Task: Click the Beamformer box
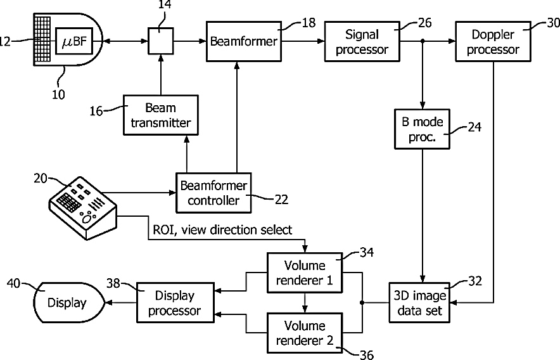(x=243, y=41)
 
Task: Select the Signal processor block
(x=362, y=41)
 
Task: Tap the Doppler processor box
(x=493, y=41)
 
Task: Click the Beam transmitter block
(x=161, y=115)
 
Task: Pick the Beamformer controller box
(x=213, y=193)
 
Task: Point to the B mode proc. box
(x=422, y=129)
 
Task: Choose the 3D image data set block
(x=419, y=303)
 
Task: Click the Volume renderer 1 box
(x=305, y=273)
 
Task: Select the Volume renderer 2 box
(x=305, y=333)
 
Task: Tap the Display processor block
(x=175, y=303)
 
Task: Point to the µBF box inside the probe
(x=74, y=41)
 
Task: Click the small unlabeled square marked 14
(x=161, y=41)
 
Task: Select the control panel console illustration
(x=83, y=208)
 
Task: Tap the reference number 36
(x=366, y=355)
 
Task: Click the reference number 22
(x=281, y=200)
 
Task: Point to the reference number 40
(x=13, y=283)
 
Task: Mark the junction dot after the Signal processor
(x=423, y=41)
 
